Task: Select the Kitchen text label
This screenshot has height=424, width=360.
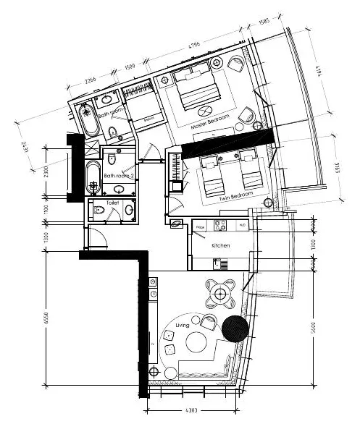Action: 221,247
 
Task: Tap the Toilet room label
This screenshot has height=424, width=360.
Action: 112,204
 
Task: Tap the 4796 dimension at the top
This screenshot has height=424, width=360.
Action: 194,46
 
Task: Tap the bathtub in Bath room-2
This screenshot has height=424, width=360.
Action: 93,178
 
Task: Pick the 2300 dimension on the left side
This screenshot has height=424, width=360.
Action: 46,171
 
